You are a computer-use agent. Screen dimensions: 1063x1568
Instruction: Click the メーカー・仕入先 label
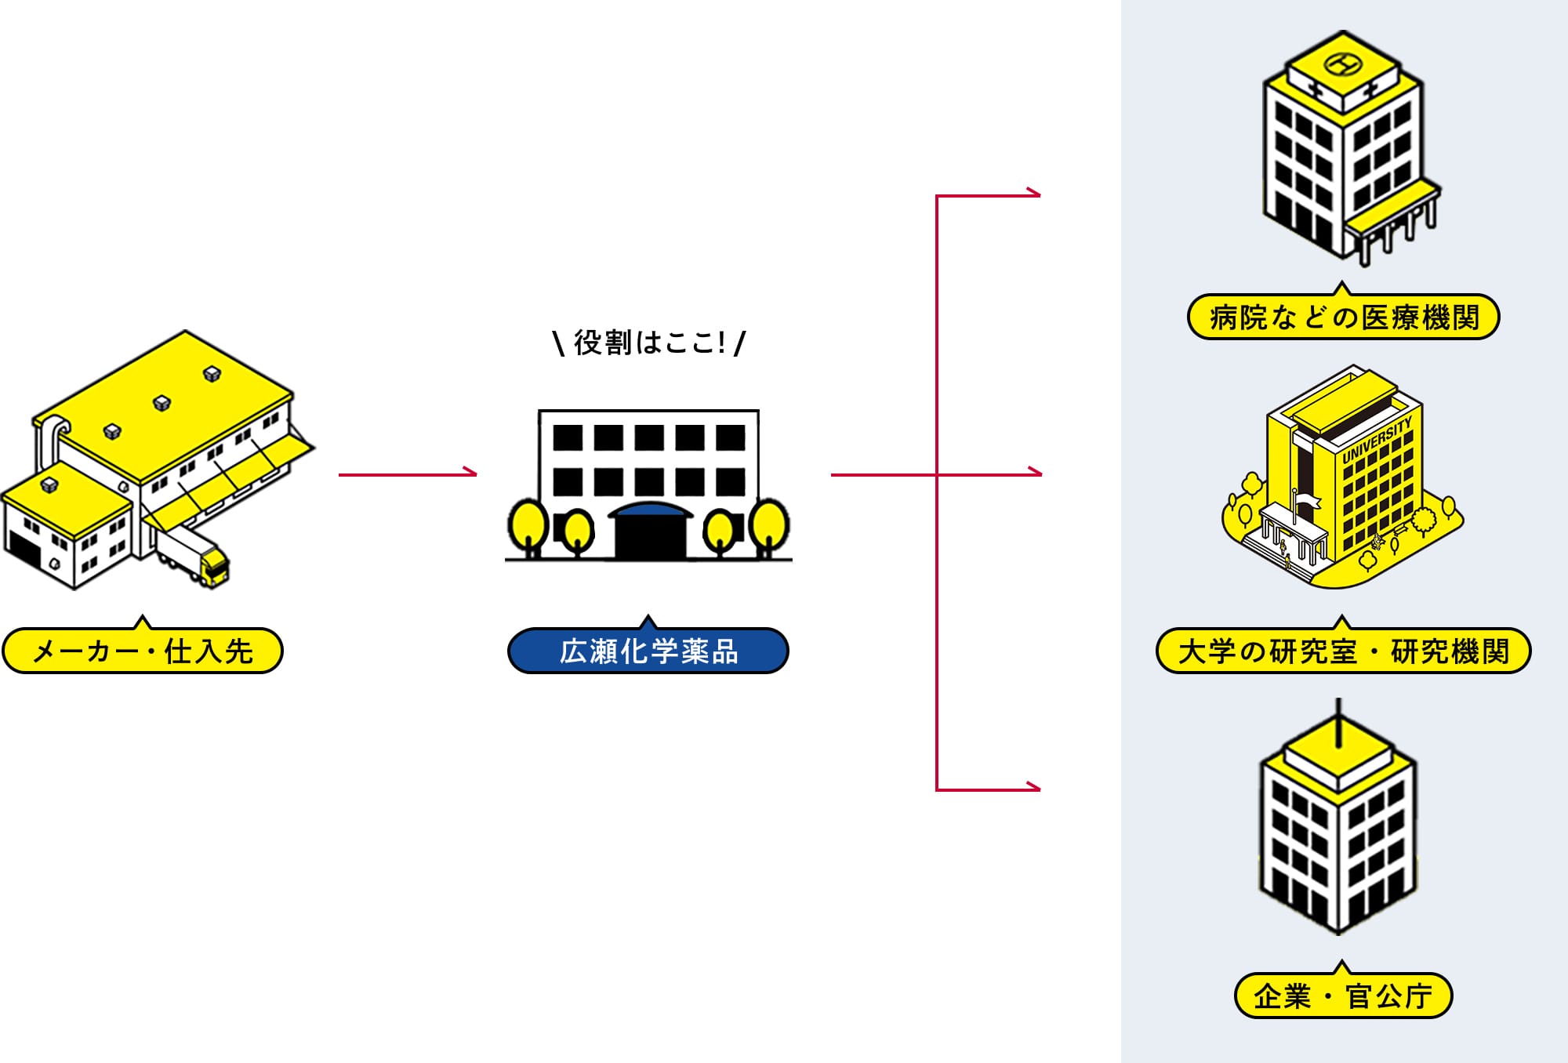point(142,651)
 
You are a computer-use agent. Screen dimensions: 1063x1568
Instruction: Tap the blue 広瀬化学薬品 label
point(648,651)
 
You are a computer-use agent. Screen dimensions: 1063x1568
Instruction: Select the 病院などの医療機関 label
point(1343,317)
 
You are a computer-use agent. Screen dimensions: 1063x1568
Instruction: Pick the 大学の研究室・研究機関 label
point(1343,651)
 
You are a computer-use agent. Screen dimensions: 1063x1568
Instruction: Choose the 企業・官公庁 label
point(1343,996)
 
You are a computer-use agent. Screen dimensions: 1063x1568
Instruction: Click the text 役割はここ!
point(649,343)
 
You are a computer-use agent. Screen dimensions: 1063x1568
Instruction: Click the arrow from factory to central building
point(408,473)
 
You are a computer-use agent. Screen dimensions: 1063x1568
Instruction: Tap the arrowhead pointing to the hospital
point(1035,194)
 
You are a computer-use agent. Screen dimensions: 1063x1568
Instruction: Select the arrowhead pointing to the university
point(1036,473)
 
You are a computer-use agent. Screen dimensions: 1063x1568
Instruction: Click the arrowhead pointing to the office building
point(1035,787)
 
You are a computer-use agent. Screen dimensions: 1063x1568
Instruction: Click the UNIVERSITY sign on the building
point(1377,439)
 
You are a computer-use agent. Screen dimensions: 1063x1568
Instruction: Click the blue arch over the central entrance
point(650,511)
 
